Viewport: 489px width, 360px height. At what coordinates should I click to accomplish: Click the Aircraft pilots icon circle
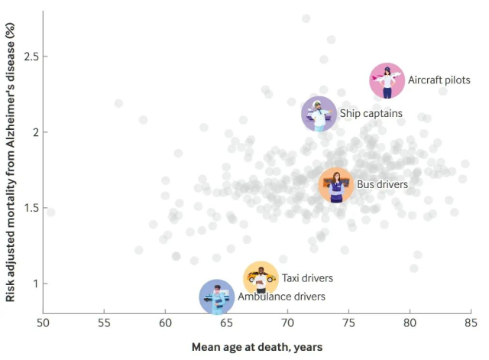(387, 80)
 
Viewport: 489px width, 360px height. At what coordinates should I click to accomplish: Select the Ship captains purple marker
(319, 114)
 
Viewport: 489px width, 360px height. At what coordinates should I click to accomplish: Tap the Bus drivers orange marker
(335, 184)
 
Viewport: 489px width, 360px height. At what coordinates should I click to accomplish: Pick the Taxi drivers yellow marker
(261, 278)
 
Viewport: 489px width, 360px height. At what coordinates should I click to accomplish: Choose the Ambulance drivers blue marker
(217, 297)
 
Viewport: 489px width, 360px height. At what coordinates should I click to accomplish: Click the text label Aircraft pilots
(439, 80)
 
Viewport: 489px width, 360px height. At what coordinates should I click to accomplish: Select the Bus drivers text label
(382, 184)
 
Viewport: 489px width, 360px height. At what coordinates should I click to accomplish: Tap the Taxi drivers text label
(307, 278)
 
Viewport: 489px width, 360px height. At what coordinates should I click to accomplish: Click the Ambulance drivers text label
(281, 297)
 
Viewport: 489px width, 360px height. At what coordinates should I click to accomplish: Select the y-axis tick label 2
(34, 132)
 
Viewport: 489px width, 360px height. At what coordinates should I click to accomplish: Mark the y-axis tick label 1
(34, 284)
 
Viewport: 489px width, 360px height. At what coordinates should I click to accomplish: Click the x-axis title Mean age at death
(257, 347)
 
